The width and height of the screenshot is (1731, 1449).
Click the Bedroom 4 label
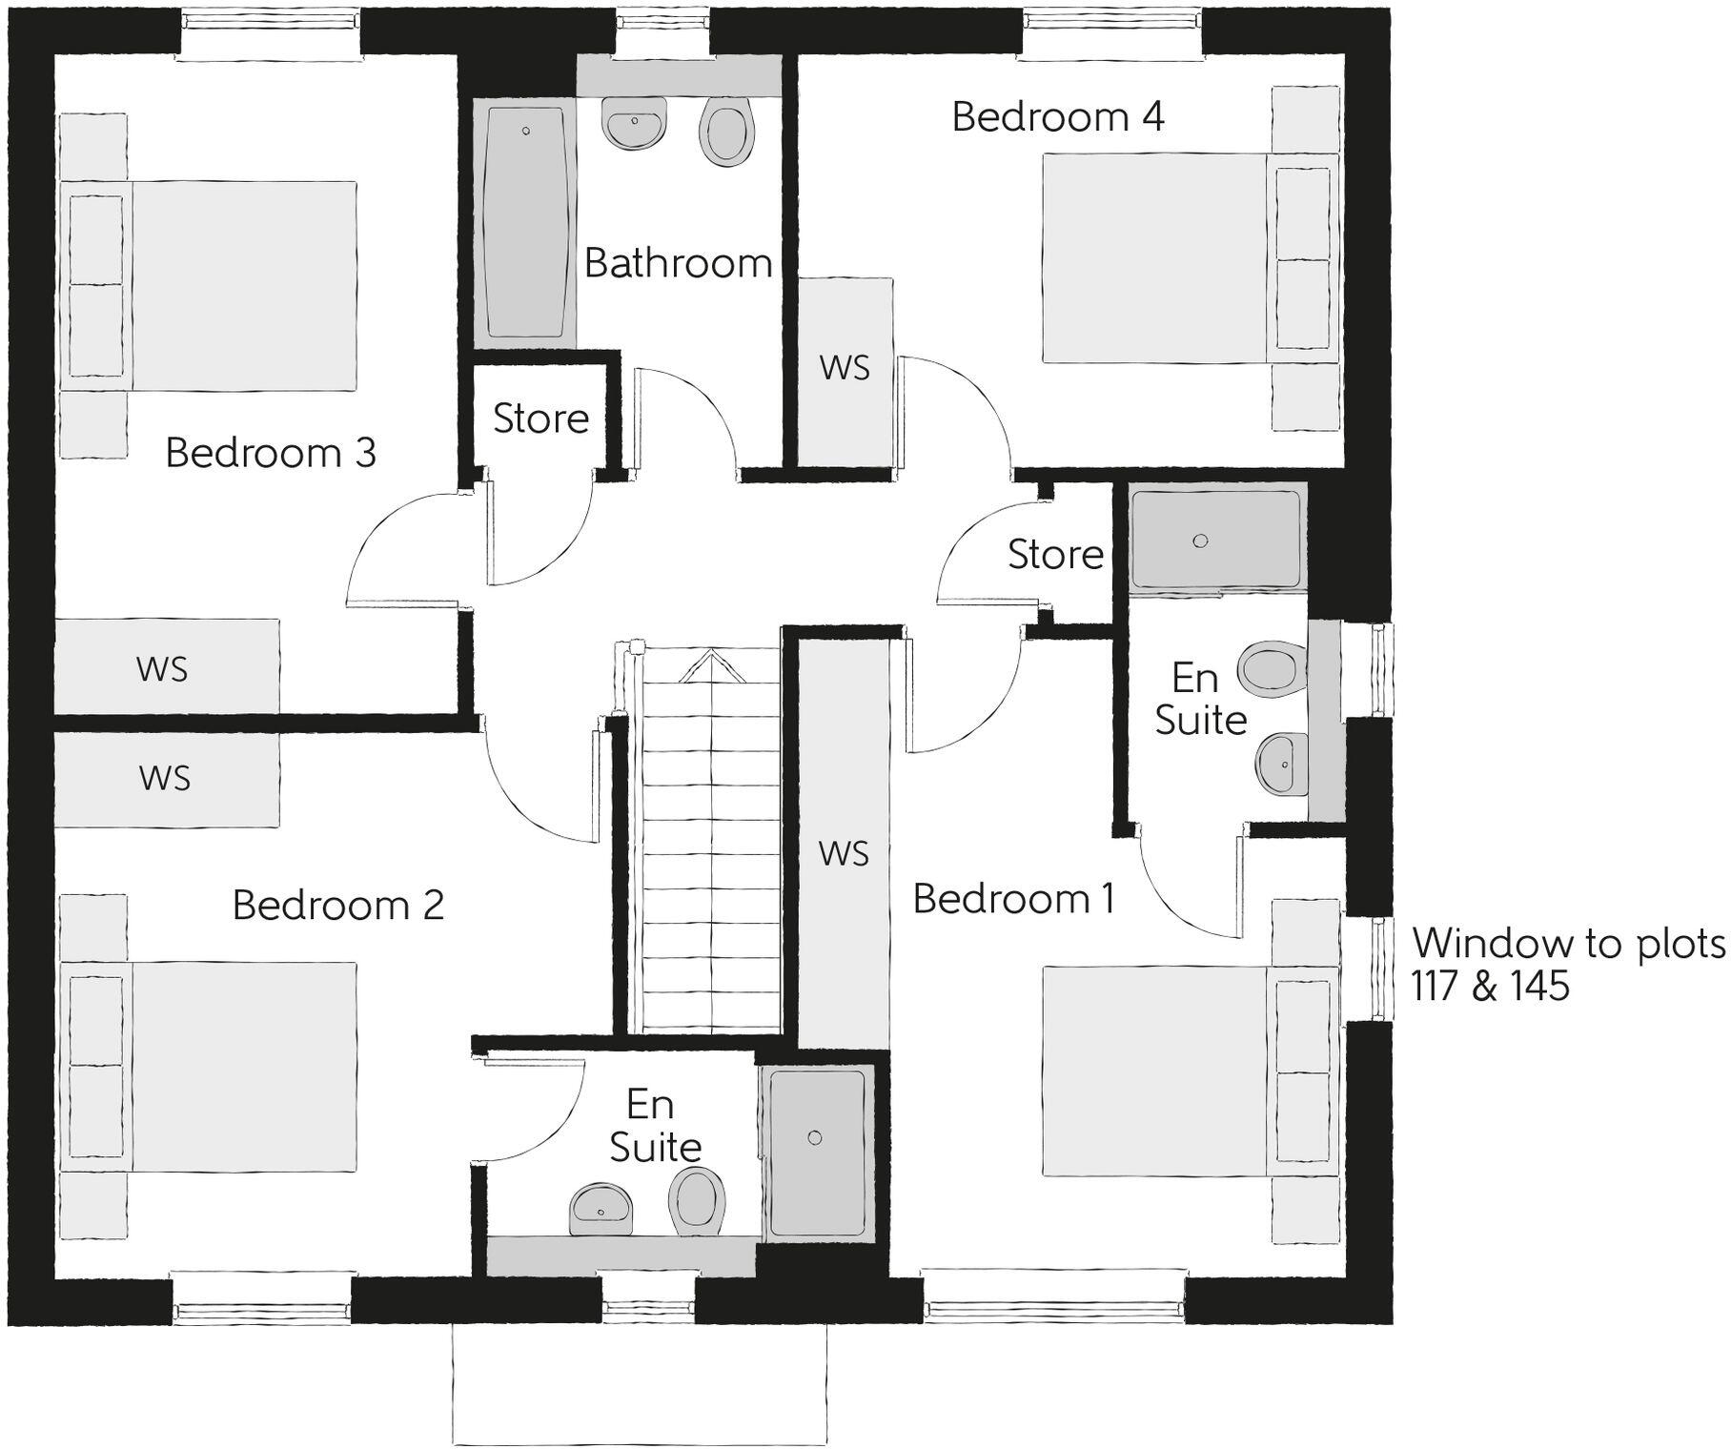pos(1057,117)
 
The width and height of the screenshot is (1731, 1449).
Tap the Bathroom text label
pos(678,263)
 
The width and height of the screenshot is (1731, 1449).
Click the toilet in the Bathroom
pos(726,134)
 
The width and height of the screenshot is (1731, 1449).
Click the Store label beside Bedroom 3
pos(540,418)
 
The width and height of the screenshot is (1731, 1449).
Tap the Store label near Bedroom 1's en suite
pos(1055,554)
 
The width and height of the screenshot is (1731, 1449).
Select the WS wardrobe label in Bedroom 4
pos(845,368)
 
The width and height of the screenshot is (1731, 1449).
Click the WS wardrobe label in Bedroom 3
pos(162,669)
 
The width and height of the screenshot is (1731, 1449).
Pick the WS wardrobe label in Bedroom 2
pos(165,778)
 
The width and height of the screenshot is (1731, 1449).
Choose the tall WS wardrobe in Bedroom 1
pos(844,853)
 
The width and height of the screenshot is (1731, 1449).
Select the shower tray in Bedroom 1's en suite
pos(1215,540)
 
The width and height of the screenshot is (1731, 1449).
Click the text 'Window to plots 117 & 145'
pos(1567,964)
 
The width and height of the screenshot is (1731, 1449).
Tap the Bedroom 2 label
pos(338,905)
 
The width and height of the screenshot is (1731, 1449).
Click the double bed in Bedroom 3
pos(210,286)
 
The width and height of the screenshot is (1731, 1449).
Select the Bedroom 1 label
pos(1013,899)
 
